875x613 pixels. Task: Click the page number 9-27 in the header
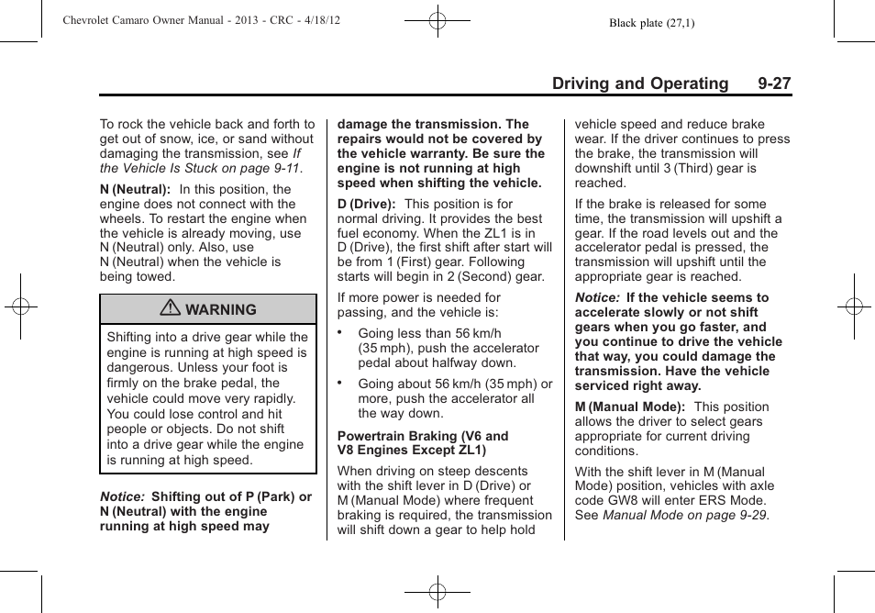click(x=774, y=84)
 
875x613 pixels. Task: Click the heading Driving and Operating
click(x=639, y=84)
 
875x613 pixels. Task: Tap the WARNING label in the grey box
click(x=220, y=310)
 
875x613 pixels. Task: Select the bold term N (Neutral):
click(x=135, y=190)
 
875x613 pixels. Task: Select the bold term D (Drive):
click(x=367, y=205)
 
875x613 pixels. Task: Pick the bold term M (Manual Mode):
click(x=630, y=407)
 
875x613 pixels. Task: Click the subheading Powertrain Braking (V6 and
click(x=422, y=437)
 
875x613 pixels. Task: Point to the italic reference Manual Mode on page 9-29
click(x=685, y=516)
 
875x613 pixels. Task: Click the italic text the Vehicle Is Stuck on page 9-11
click(x=200, y=169)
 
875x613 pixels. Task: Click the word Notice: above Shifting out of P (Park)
click(x=122, y=497)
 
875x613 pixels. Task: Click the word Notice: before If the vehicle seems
click(x=597, y=298)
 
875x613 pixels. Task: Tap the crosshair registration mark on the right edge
click(x=854, y=306)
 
